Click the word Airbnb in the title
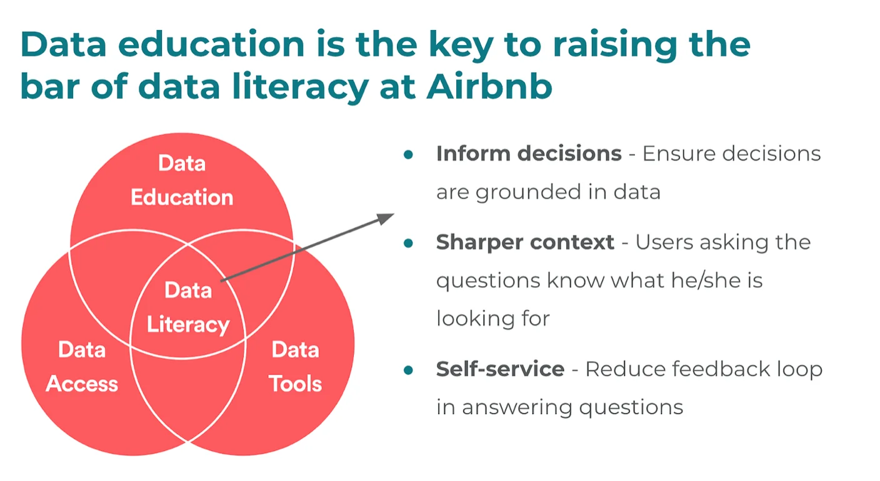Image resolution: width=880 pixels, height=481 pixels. point(489,86)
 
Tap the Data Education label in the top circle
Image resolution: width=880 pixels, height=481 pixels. point(182,181)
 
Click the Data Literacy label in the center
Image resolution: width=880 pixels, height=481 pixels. point(188,307)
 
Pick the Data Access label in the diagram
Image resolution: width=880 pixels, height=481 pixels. point(82,366)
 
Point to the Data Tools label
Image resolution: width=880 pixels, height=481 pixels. point(295,366)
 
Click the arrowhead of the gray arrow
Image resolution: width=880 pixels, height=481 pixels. point(386,218)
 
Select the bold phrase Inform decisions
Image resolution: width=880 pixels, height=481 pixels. point(529,154)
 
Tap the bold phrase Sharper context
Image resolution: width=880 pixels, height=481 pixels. point(525,242)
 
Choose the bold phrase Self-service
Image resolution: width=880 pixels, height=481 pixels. point(500,369)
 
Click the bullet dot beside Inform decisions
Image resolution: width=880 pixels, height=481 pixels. point(408,154)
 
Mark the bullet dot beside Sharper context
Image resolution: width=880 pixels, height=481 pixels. point(408,243)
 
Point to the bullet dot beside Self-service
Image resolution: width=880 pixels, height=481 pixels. point(408,370)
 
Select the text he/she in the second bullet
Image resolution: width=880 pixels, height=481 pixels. point(703,280)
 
